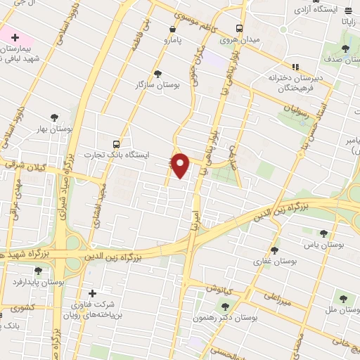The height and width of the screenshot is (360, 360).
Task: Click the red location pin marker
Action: [181, 164]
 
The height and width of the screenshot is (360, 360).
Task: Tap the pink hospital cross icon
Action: [15, 37]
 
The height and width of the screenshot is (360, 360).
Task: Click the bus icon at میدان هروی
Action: [240, 29]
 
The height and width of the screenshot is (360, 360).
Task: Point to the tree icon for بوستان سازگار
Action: [157, 73]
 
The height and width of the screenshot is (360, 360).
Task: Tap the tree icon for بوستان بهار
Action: [54, 117]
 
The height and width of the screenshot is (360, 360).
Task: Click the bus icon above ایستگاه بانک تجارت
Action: [116, 143]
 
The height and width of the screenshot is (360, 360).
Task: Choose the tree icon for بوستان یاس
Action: [323, 233]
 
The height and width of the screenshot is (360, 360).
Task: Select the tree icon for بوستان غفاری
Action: [274, 250]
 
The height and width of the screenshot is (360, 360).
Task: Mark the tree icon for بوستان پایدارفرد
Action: [38, 269]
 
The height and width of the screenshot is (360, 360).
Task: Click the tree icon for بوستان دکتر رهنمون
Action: [225, 306]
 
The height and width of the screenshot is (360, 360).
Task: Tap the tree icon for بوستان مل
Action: [345, 298]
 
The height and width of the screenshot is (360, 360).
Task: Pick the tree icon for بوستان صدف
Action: [345, 48]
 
